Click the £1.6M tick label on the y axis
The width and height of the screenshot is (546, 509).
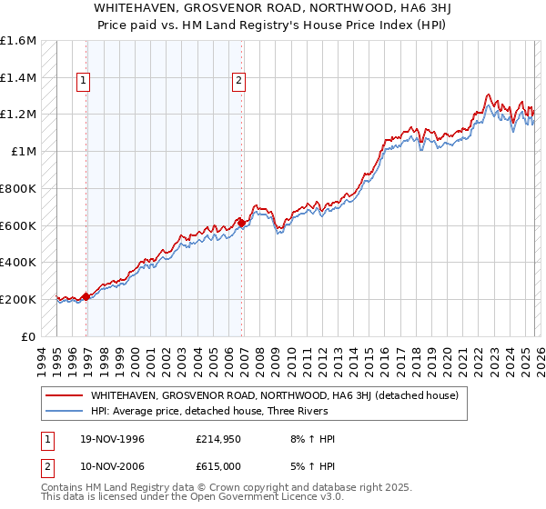point(18,41)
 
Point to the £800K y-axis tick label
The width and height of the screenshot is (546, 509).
point(18,189)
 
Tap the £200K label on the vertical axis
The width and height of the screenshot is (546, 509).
point(18,299)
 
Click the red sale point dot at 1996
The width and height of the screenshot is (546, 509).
point(86,296)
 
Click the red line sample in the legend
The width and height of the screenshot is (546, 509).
point(64,395)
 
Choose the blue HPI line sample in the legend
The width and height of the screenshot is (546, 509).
point(64,411)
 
